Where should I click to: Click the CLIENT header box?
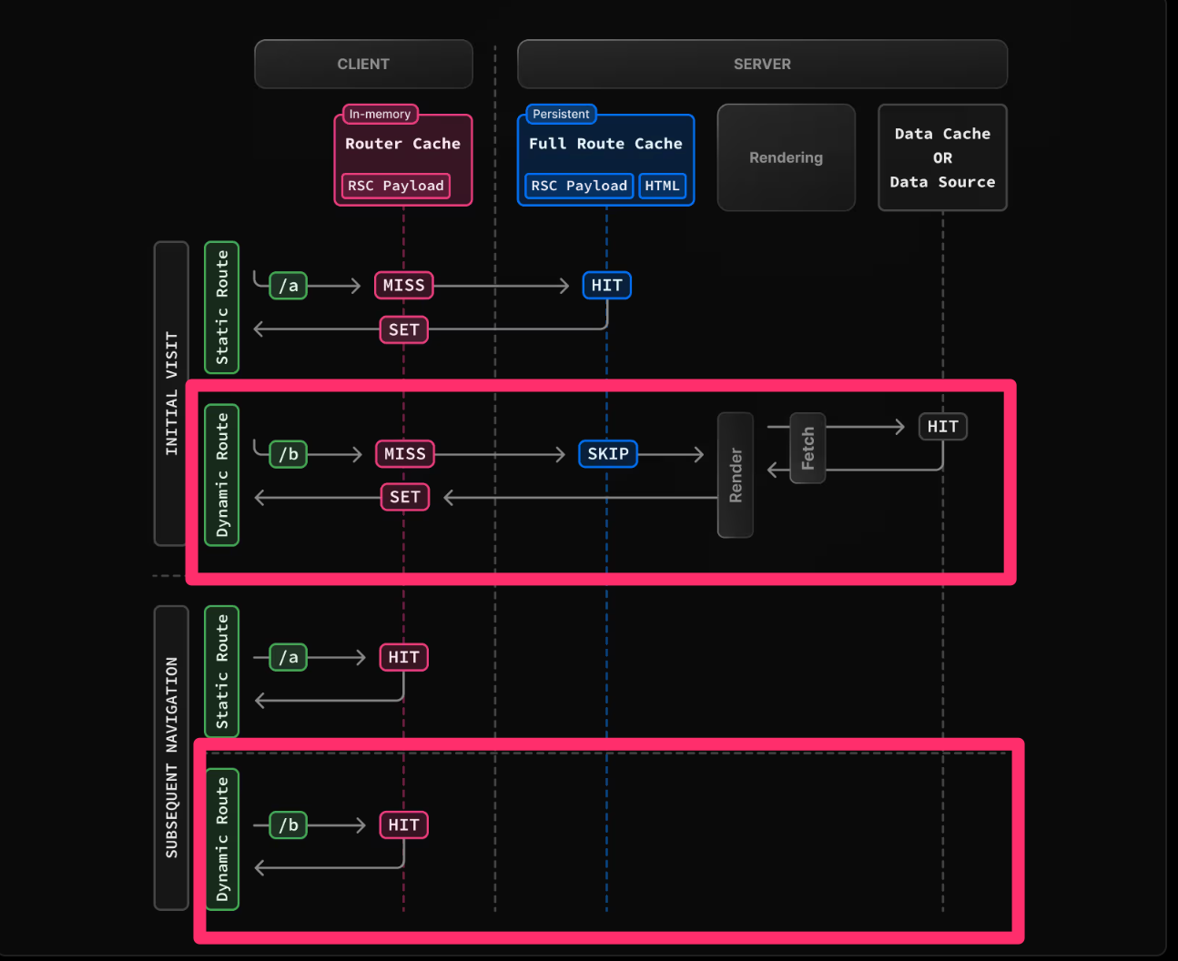click(363, 64)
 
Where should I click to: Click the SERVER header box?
click(762, 64)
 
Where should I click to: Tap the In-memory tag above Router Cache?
click(380, 114)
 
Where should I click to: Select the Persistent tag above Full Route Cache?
click(561, 114)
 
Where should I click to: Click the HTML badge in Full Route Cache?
click(662, 186)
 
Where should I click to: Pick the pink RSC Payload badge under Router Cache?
click(395, 186)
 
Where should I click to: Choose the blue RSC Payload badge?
click(579, 186)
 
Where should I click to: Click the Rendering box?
click(786, 157)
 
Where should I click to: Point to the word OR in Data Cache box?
click(942, 157)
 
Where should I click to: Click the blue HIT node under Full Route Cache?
click(606, 286)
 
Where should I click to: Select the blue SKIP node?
click(607, 453)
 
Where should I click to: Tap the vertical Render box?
click(736, 475)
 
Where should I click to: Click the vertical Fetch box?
click(807, 448)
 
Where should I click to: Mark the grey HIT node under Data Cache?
click(942, 426)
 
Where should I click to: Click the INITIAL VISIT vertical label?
click(171, 393)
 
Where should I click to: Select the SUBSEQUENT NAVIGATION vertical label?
click(171, 757)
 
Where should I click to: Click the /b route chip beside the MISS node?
click(289, 454)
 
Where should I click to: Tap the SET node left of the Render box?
click(404, 497)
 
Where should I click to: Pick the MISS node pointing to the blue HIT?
click(403, 286)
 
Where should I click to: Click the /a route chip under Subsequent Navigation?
click(289, 657)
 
